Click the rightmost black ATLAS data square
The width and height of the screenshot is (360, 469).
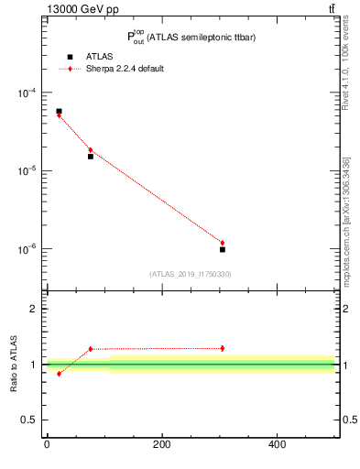pos(223,249)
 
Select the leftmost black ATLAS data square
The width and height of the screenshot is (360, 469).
pos(59,111)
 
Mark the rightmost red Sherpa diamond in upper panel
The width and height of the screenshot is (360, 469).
pos(223,243)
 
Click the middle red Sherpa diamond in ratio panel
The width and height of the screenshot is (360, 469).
pos(91,349)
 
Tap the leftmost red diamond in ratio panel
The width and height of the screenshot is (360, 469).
pos(59,374)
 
